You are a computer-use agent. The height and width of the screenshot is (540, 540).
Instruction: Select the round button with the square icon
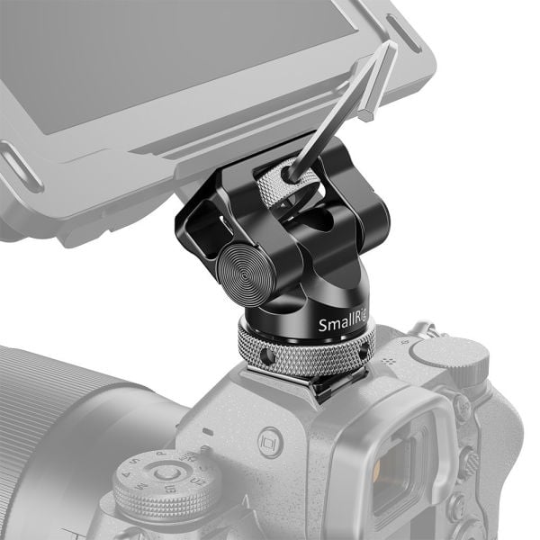pyautogui.click(x=266, y=444)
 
